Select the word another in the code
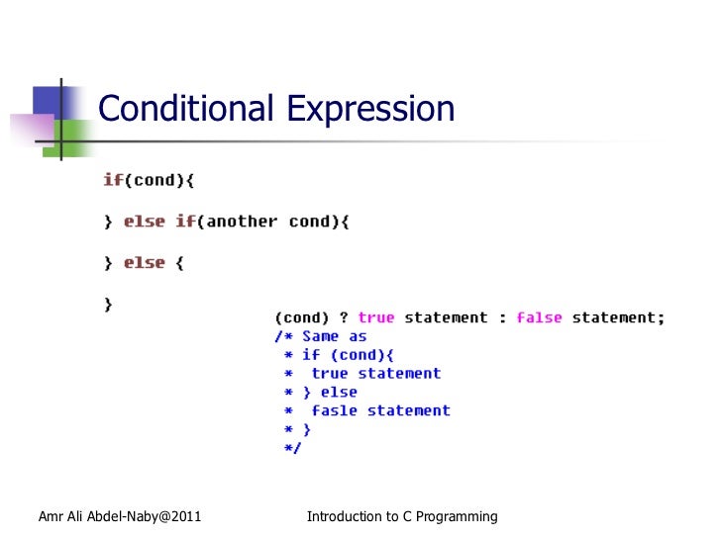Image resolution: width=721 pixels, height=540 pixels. coord(242,222)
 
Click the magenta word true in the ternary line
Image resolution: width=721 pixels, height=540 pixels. coord(376,317)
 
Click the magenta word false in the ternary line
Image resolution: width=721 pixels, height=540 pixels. coord(539,317)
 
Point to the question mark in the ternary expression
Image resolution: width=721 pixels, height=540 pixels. coord(344,317)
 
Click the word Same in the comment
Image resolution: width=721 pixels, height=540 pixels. coord(320,336)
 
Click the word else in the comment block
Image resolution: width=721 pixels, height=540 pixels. coord(339,392)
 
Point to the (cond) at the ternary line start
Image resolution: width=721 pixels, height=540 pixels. coord(302,317)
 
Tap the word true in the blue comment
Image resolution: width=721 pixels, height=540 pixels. coord(330,374)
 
